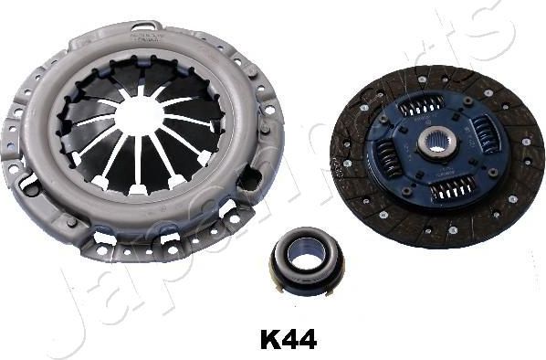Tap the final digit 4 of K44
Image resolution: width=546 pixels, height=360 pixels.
click(x=308, y=341)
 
